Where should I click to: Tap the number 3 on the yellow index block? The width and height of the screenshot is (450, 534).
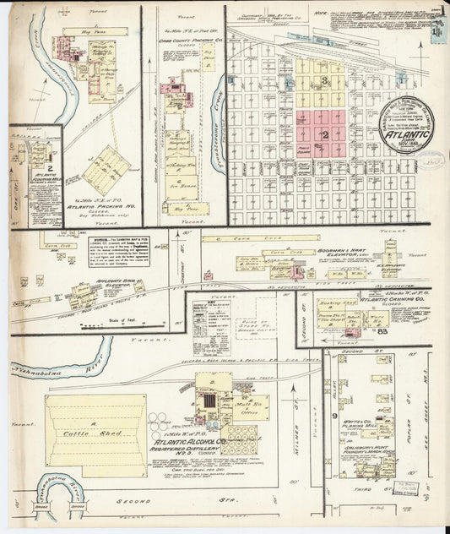(x=324, y=80)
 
